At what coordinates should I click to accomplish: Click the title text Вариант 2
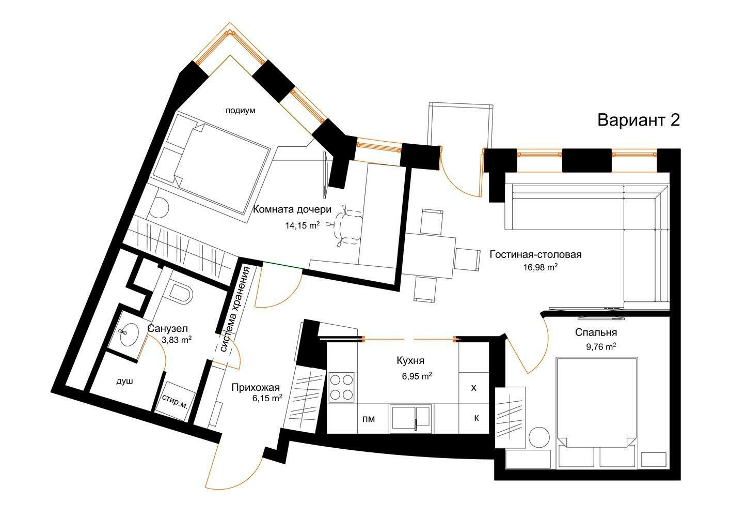[639, 120]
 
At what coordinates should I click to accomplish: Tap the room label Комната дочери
[292, 209]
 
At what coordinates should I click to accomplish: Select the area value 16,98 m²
[540, 267]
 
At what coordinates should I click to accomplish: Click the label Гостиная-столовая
[535, 254]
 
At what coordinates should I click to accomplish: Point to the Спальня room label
[596, 332]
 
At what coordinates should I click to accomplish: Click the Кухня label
[410, 361]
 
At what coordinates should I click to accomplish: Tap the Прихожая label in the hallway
[256, 387]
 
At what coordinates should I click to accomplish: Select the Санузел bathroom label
[167, 328]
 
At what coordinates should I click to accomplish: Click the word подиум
[240, 111]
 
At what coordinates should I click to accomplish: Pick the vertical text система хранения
[234, 309]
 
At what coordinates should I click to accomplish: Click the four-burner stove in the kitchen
[342, 387]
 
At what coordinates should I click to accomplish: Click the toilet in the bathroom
[180, 293]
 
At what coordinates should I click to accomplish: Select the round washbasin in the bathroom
[129, 334]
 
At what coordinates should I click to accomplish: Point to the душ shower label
[124, 381]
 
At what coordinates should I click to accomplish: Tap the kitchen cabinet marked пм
[369, 419]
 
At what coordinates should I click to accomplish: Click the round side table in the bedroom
[539, 438]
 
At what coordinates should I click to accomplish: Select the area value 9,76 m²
[601, 346]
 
